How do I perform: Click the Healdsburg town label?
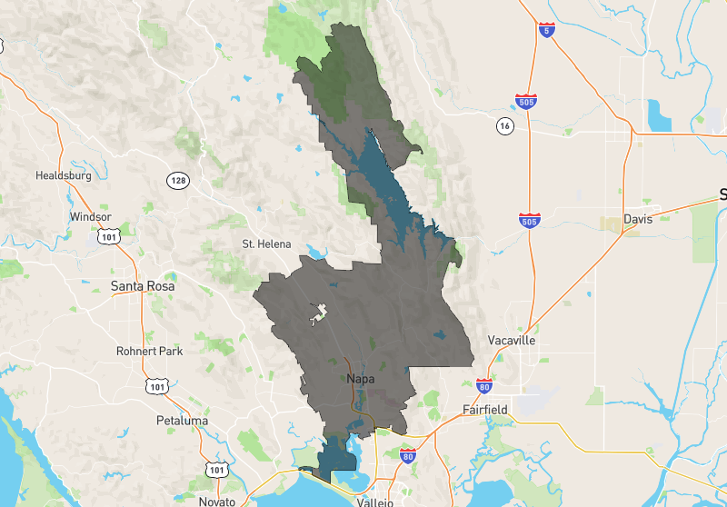click(64, 174)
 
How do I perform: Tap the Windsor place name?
click(90, 217)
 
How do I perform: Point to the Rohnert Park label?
click(150, 351)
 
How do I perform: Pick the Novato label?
click(216, 501)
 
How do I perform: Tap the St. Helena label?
click(266, 244)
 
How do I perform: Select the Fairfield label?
click(484, 410)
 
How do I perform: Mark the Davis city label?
click(638, 219)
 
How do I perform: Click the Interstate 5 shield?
click(546, 31)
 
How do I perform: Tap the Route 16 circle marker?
click(504, 126)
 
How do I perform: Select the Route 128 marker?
click(177, 181)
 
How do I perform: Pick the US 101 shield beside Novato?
click(216, 469)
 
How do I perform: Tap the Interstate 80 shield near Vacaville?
click(484, 386)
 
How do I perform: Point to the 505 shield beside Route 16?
click(524, 100)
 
